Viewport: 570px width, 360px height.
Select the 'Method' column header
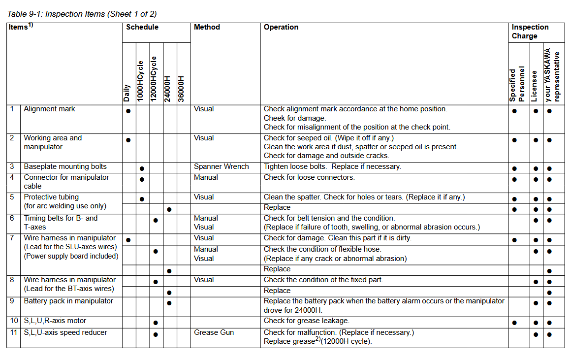[207, 28]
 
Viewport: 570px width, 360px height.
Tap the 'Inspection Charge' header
[530, 32]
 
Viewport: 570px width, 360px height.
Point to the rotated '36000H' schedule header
[182, 89]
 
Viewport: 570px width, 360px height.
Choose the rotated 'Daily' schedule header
[127, 93]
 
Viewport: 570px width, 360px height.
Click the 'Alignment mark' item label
[49, 109]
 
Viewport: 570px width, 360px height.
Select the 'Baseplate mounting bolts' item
[65, 167]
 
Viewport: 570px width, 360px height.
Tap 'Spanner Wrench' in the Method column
[221, 167]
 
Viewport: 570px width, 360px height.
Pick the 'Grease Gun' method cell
[213, 333]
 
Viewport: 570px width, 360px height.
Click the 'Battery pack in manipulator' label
[68, 301]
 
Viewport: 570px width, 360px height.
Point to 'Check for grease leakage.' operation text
[306, 321]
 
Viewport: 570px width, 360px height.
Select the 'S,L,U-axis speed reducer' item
[65, 333]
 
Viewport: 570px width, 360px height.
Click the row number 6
[12, 218]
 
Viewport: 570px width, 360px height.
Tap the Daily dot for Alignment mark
[128, 111]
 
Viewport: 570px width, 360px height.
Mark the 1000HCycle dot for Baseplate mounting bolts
[142, 169]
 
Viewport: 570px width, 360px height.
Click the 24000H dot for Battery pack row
[169, 303]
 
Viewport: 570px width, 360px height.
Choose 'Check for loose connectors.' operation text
[309, 178]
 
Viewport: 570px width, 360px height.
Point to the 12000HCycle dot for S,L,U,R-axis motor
[156, 323]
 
